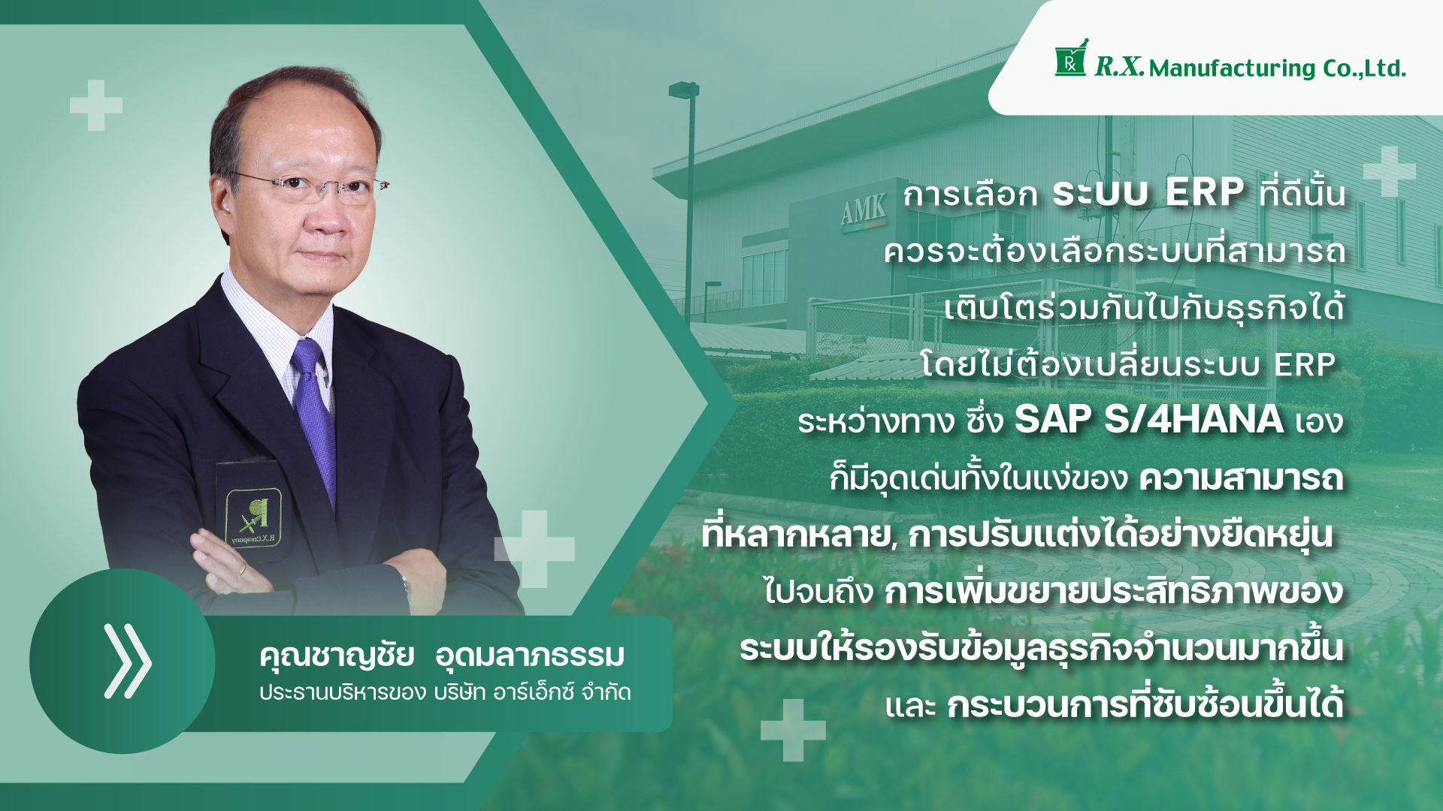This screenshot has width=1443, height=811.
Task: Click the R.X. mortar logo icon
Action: (1071, 58)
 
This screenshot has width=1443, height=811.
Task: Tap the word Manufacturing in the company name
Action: (1233, 68)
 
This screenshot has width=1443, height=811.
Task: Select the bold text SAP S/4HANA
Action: (1148, 419)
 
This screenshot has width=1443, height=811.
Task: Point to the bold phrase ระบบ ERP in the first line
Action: (1148, 193)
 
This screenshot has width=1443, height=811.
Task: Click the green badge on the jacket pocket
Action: (254, 518)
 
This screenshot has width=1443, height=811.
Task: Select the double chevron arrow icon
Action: (127, 661)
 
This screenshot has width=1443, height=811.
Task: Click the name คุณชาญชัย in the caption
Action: (337, 656)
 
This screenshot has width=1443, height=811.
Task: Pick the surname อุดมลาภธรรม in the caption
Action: (530, 656)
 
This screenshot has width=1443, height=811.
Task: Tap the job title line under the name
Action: (445, 692)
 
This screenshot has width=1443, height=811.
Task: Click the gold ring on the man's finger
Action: (241, 569)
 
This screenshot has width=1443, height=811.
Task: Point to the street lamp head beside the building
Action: (683, 89)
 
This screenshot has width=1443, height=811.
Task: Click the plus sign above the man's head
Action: (96, 105)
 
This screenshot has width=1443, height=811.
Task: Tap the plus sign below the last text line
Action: (793, 730)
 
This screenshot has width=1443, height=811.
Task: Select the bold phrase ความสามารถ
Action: (1241, 478)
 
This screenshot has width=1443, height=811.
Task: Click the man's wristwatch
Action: (407, 586)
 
